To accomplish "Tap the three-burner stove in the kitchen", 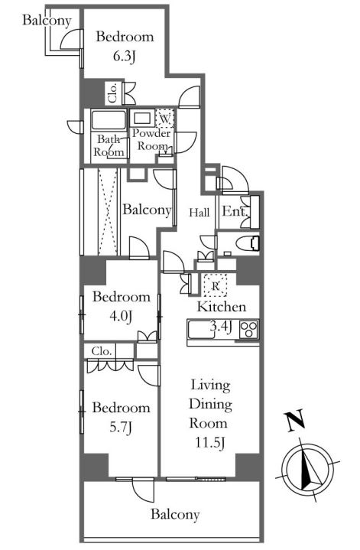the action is click(x=249, y=330).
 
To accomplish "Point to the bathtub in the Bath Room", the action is click(x=109, y=121).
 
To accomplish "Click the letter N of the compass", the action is click(x=295, y=421).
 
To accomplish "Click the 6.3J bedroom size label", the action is click(x=124, y=57).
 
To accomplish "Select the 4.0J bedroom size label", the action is click(x=121, y=317).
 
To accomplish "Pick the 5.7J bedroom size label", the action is click(x=121, y=428).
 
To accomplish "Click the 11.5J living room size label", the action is click(x=209, y=443).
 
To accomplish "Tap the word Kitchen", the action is click(x=221, y=307).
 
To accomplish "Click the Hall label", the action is click(x=199, y=212).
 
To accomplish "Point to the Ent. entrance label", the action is click(x=235, y=212).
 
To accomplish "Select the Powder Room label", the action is click(x=152, y=140).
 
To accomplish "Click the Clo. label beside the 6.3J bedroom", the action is click(x=113, y=93).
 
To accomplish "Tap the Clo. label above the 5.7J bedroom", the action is click(x=102, y=351).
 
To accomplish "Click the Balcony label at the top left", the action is click(x=47, y=20).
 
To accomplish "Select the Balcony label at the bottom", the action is click(x=175, y=514).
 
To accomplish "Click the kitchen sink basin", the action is click(x=199, y=330).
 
